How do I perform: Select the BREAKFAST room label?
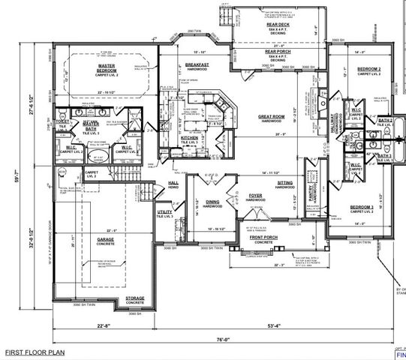pyautogui.click(x=197, y=65)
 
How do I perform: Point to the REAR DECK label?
pyautogui.click(x=278, y=25)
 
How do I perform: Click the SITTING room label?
pyautogui.click(x=285, y=181)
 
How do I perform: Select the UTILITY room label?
pyautogui.click(x=165, y=212)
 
